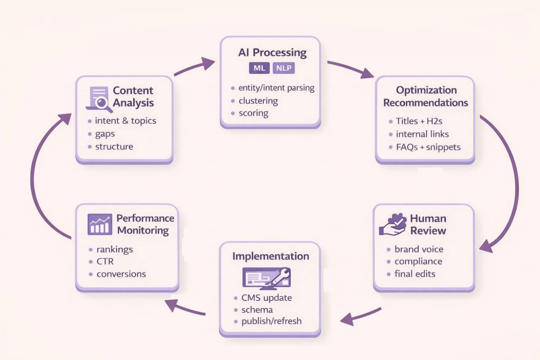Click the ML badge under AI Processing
pos(259,69)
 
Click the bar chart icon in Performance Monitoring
pos(99,224)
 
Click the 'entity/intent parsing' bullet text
pos(276,88)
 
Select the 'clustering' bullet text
pos(258,101)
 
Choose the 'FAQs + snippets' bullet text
pos(428,147)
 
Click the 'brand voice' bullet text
pos(419,249)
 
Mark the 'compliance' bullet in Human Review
pos(418,261)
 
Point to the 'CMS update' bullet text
pos(266,298)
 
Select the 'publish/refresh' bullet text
pos(272,322)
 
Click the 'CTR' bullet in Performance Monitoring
pos(105,261)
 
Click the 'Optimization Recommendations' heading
pos(425,96)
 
